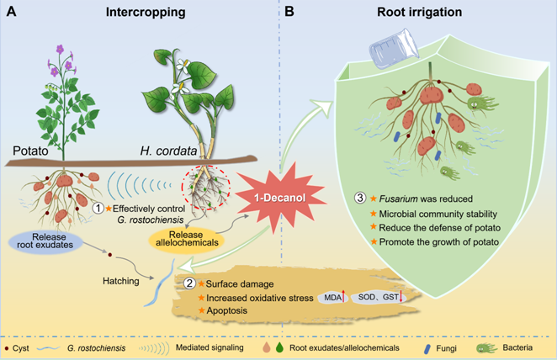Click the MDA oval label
click(323, 296)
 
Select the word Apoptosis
click(228, 310)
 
